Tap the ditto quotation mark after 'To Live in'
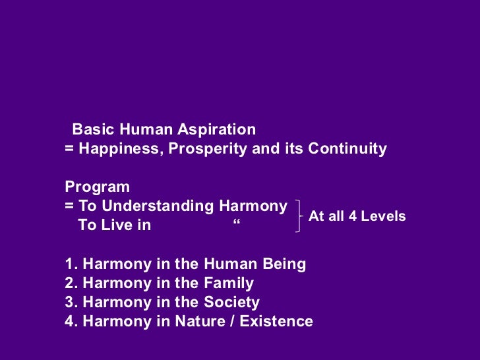[x=237, y=226]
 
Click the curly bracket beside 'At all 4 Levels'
[x=301, y=216]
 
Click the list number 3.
[x=69, y=303]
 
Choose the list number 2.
[x=69, y=284]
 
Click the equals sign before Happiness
[x=69, y=149]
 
